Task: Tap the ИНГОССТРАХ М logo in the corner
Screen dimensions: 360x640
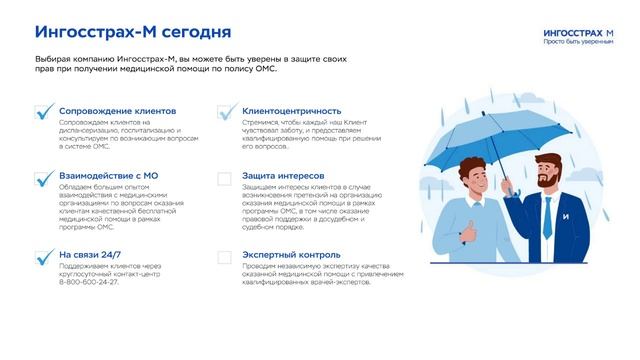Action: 578,32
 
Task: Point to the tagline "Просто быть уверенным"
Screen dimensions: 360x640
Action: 578,42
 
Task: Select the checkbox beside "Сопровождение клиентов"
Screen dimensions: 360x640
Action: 43,112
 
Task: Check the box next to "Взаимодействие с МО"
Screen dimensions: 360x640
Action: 43,179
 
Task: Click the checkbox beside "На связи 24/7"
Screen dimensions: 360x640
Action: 43,257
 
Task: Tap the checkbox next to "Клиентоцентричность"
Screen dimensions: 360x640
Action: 225,112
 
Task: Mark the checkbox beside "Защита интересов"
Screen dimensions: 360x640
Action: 225,179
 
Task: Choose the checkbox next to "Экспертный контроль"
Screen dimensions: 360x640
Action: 225,257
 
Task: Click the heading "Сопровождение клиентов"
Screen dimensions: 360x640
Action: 117,110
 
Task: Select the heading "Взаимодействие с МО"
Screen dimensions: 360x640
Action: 108,176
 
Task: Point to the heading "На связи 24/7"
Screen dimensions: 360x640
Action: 90,254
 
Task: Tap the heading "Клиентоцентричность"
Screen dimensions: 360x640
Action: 292,110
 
